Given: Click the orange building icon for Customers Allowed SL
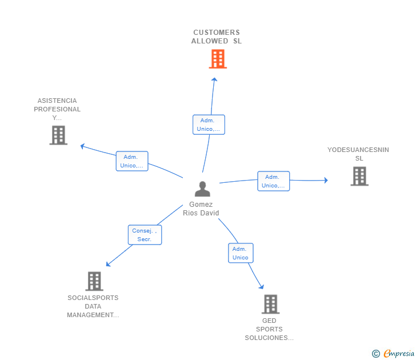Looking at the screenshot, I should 218,59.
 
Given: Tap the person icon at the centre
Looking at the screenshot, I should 202,189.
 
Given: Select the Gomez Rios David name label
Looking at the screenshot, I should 201,209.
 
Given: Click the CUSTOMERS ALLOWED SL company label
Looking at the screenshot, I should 217,37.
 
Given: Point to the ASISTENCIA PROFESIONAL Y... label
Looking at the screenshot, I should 57,109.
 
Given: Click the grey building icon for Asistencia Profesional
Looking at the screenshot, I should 58,135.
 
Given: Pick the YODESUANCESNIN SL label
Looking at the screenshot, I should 358,154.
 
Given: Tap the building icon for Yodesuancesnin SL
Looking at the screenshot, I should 359,176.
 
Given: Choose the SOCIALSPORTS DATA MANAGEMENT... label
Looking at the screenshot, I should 93,306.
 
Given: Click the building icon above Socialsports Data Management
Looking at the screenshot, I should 94,281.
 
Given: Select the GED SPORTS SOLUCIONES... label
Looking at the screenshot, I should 269,329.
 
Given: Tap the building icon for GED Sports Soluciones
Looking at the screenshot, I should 270,304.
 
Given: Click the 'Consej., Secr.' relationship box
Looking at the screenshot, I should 145,235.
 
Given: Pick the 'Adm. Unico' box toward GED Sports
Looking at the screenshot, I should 241,253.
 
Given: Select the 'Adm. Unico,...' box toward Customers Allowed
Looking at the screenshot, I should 209,125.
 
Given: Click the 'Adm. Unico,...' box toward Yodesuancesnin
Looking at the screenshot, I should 273,181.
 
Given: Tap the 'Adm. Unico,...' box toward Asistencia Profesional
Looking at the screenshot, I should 132,161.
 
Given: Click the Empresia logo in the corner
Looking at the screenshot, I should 399,353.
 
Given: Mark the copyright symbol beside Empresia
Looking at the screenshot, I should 376,354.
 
